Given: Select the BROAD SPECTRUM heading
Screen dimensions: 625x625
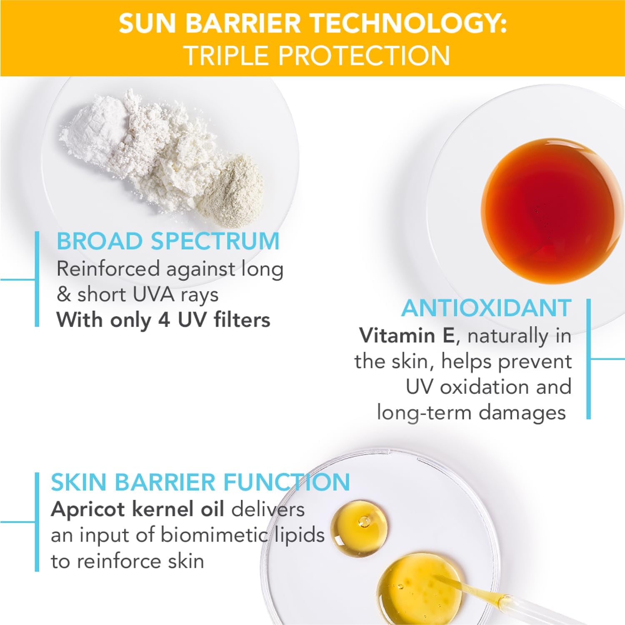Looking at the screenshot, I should (x=168, y=241).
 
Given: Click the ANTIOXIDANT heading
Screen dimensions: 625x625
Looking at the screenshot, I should (x=486, y=308).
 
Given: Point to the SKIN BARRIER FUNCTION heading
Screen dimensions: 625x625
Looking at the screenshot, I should (x=200, y=482).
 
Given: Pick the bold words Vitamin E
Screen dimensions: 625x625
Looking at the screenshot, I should (x=407, y=336).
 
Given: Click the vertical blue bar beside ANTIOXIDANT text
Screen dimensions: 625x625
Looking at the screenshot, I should (x=588, y=358).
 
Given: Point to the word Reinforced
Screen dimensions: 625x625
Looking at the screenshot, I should (x=108, y=269).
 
